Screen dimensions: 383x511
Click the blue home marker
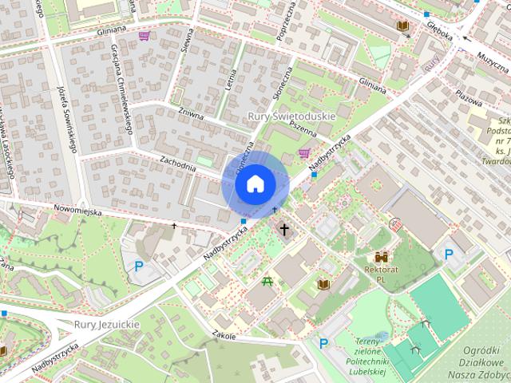pyautogui.click(x=254, y=184)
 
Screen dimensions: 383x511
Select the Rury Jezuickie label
pyautogui.click(x=107, y=325)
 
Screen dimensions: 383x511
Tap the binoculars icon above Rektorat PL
pyautogui.click(x=382, y=258)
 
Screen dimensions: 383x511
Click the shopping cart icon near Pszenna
pyautogui.click(x=303, y=152)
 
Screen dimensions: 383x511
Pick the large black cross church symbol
pyautogui.click(x=284, y=230)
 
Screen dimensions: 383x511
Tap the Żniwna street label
pyautogui.click(x=192, y=116)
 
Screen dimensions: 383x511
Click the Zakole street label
pyautogui.click(x=224, y=336)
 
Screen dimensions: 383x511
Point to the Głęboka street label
pyautogui.click(x=440, y=35)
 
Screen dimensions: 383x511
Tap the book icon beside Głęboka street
pyautogui.click(x=402, y=26)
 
